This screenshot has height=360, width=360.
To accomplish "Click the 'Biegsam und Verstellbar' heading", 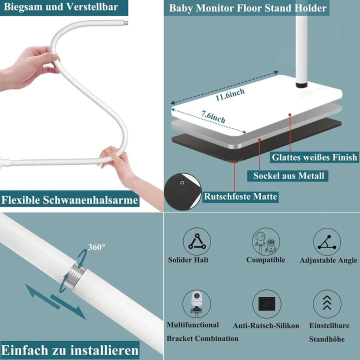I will [x=59, y=7].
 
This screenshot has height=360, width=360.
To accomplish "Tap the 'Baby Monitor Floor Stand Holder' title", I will [x=247, y=8].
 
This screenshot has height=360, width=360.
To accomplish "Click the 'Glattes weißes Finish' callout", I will [x=314, y=157].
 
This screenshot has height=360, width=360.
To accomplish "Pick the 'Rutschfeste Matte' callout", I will [x=240, y=196].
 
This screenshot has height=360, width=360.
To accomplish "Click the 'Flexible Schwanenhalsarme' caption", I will [x=69, y=200].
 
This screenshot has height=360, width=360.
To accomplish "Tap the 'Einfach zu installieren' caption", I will [x=69, y=349].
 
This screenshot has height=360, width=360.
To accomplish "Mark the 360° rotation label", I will [x=96, y=247].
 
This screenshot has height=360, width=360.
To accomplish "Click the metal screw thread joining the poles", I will [x=75, y=274].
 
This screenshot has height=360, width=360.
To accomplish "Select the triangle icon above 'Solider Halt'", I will [x=196, y=241].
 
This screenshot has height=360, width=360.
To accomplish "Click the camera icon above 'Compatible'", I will [x=265, y=240].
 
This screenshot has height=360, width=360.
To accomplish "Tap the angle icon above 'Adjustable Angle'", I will [x=327, y=241].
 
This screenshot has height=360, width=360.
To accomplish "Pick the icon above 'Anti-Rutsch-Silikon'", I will [x=266, y=304].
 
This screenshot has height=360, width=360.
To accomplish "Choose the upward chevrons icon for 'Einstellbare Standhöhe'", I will [x=327, y=303].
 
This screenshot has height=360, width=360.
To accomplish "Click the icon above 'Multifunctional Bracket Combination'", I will [x=196, y=303].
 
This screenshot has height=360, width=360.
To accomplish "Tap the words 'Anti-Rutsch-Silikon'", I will [x=266, y=325].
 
